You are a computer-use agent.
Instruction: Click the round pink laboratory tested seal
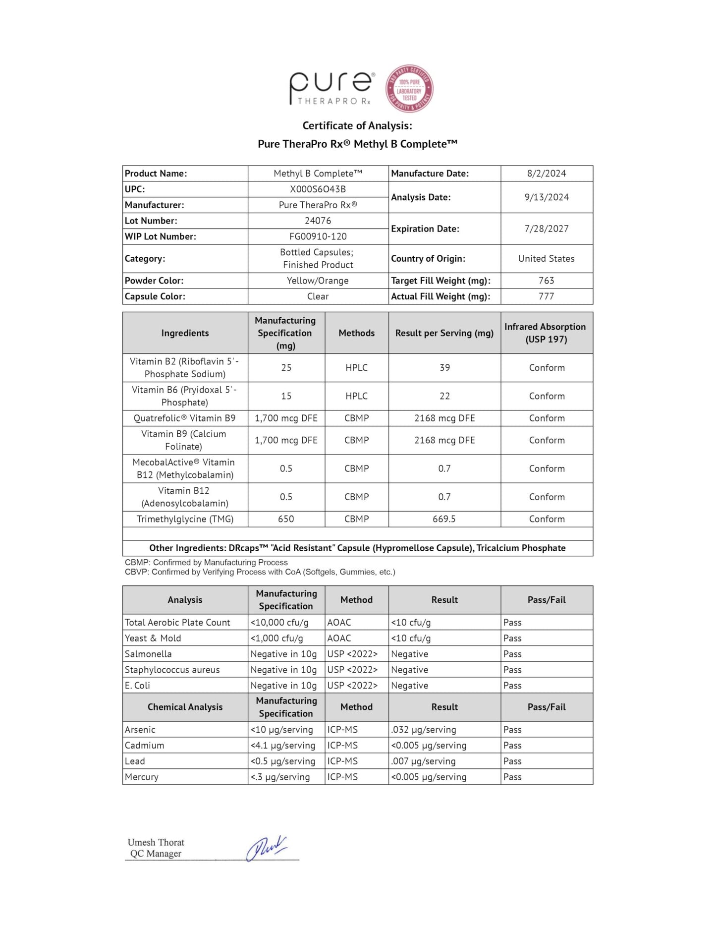pyautogui.click(x=409, y=89)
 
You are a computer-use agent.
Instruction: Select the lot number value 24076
pyautogui.click(x=318, y=221)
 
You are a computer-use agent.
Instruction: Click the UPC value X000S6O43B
pyautogui.click(x=318, y=189)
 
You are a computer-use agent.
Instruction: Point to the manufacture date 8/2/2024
pyautogui.click(x=546, y=174)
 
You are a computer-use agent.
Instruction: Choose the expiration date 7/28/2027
pyautogui.click(x=546, y=229)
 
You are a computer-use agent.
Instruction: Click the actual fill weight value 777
pyautogui.click(x=546, y=296)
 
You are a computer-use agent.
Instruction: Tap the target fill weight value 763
pyautogui.click(x=546, y=281)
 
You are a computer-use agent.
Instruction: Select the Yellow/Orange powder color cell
pyautogui.click(x=318, y=281)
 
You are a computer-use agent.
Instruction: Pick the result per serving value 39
pyautogui.click(x=444, y=368)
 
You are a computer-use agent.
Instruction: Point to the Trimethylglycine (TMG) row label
pyautogui.click(x=185, y=519)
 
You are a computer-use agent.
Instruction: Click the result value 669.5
pyautogui.click(x=444, y=519)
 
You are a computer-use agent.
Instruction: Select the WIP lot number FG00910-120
pyautogui.click(x=318, y=236)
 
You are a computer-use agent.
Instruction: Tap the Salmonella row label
pyautogui.click(x=148, y=654)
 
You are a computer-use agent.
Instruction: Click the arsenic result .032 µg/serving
pyautogui.click(x=424, y=730)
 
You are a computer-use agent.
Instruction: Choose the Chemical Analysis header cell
pyautogui.click(x=185, y=707)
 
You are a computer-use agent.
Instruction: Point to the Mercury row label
pyautogui.click(x=141, y=777)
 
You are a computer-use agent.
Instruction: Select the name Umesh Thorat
pyautogui.click(x=156, y=842)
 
